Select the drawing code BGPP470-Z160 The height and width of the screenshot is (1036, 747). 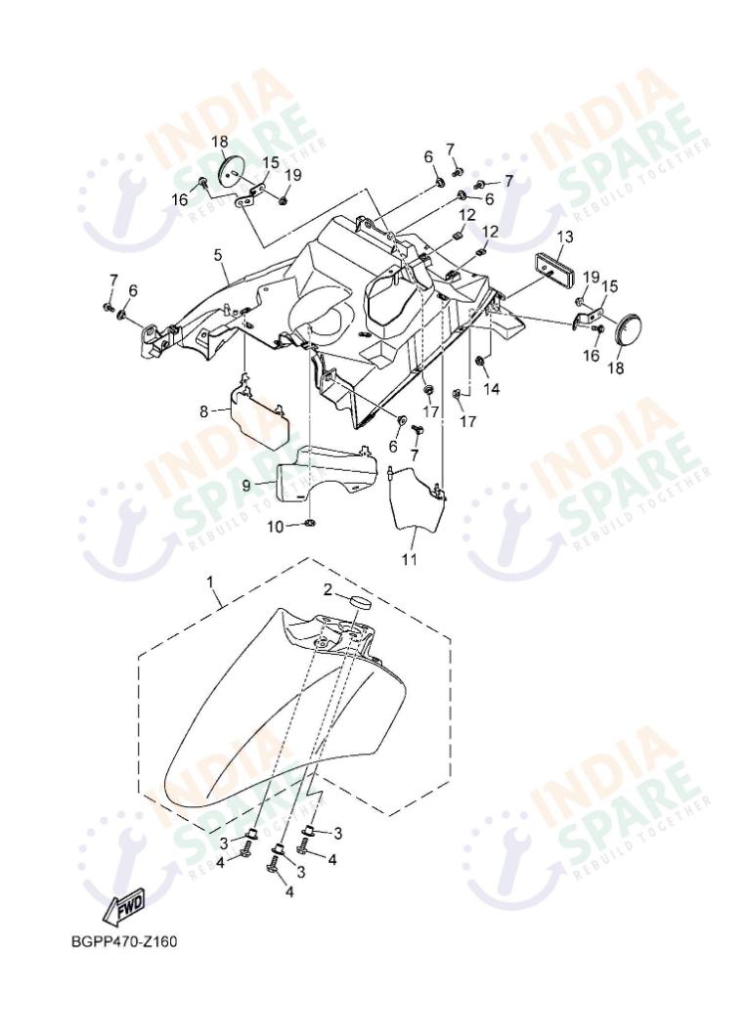[x=124, y=941]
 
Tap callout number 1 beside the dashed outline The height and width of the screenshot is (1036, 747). [x=211, y=583]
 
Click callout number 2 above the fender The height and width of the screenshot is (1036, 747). [x=328, y=590]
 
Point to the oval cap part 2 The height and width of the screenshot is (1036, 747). [x=360, y=602]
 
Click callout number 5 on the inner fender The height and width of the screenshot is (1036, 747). [x=217, y=254]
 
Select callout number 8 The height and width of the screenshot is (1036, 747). [x=203, y=411]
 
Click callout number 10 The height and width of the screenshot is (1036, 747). [x=275, y=526]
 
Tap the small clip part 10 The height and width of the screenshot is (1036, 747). [x=309, y=524]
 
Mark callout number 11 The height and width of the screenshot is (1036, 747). [x=410, y=560]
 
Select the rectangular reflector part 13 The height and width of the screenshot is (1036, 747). [x=554, y=267]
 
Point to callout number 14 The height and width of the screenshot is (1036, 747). [x=491, y=389]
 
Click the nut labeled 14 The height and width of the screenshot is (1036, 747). [x=479, y=361]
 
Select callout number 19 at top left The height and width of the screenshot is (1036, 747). [x=293, y=176]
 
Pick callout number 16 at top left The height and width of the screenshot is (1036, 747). [x=180, y=198]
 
